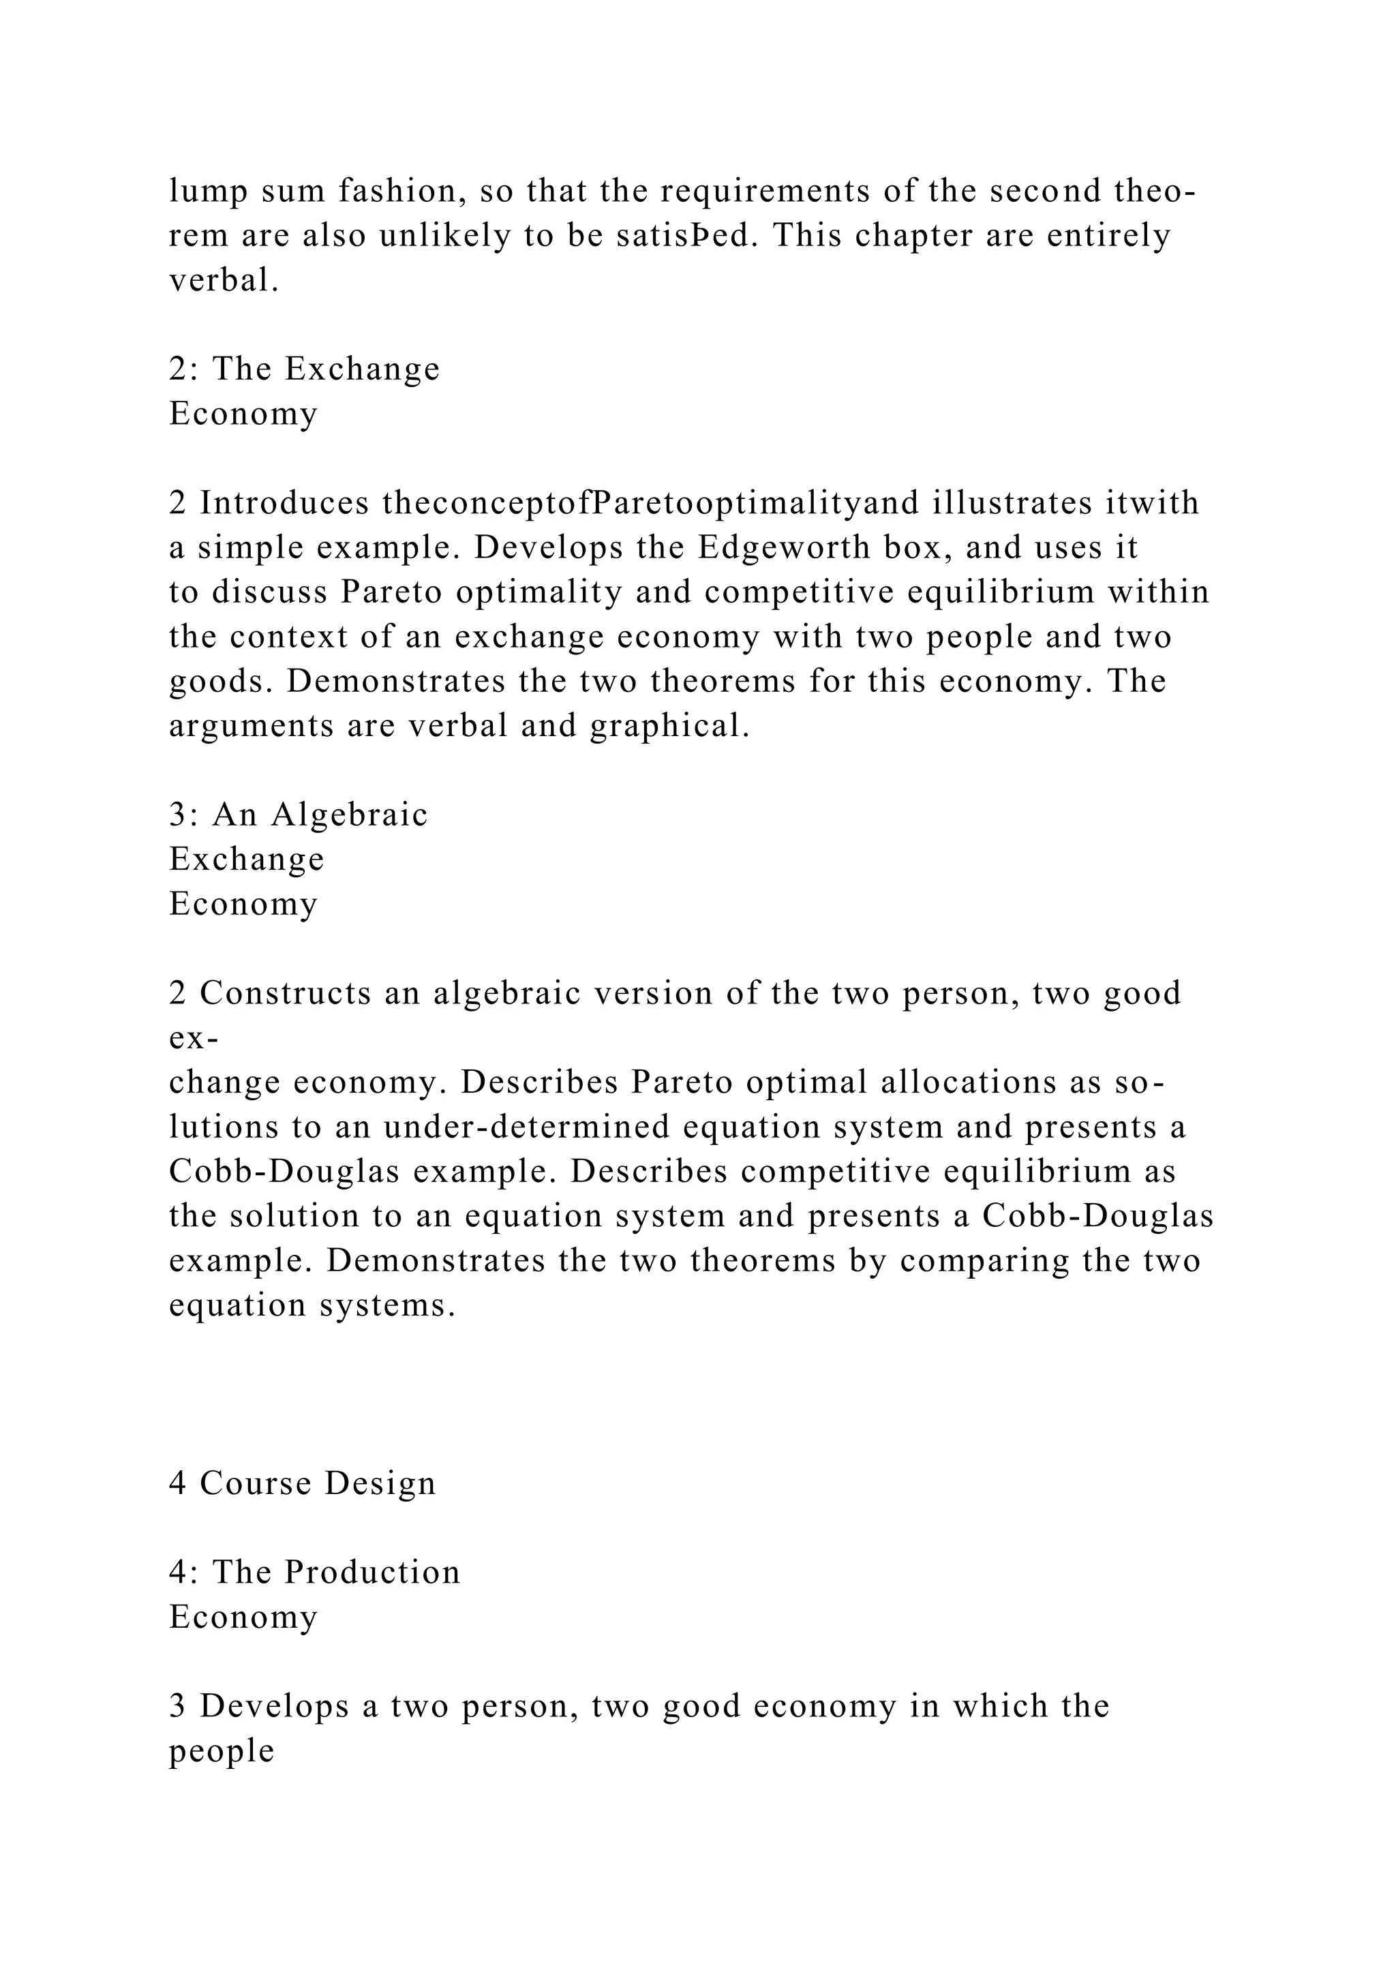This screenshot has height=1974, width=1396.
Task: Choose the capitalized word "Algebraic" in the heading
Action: (349, 814)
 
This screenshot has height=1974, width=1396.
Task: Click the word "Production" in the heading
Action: (372, 1573)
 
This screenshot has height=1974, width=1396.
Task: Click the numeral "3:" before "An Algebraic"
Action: (184, 814)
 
